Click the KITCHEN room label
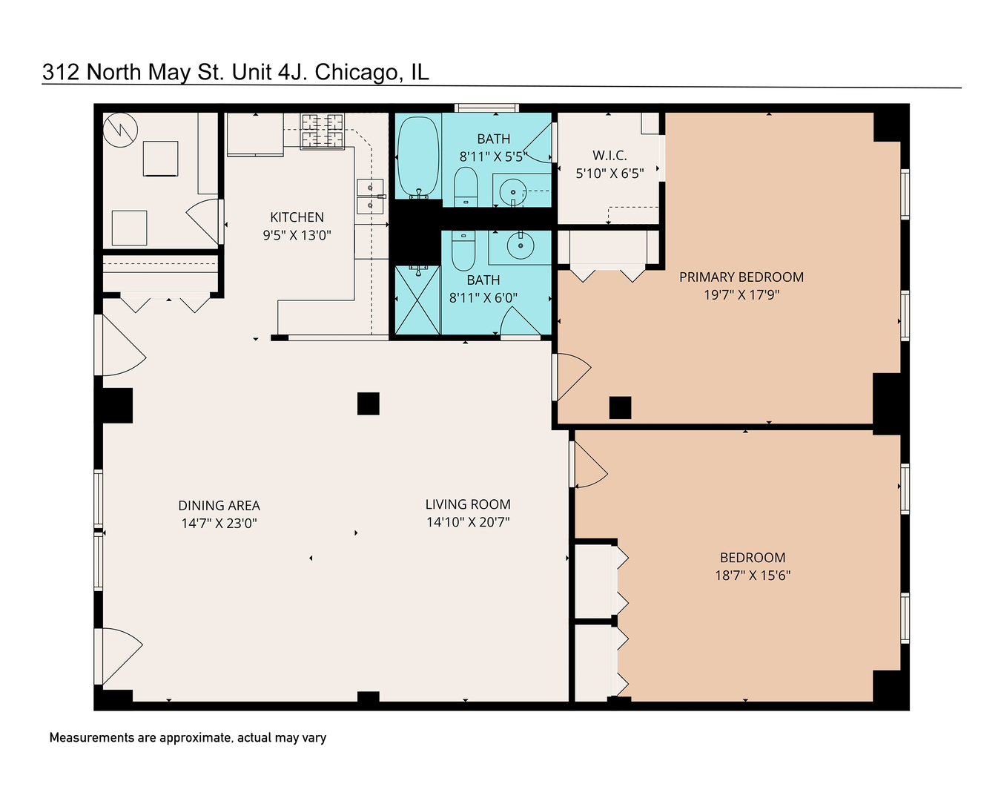click(x=297, y=217)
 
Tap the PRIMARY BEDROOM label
click(x=741, y=277)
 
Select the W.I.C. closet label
click(x=609, y=155)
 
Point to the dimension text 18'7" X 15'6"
click(x=752, y=576)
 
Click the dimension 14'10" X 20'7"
click(x=468, y=522)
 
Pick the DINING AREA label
click(x=219, y=506)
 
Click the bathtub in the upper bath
click(x=418, y=156)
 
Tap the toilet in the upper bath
click(x=466, y=186)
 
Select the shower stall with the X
click(x=417, y=300)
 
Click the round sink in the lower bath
click(x=520, y=245)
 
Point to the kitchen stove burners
click(x=323, y=131)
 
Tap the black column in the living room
click(x=369, y=403)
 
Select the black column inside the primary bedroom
click(x=620, y=408)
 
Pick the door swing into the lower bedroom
click(x=589, y=466)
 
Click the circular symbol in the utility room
click(x=120, y=129)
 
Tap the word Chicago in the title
click(x=359, y=72)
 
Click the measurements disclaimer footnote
click(x=188, y=738)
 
